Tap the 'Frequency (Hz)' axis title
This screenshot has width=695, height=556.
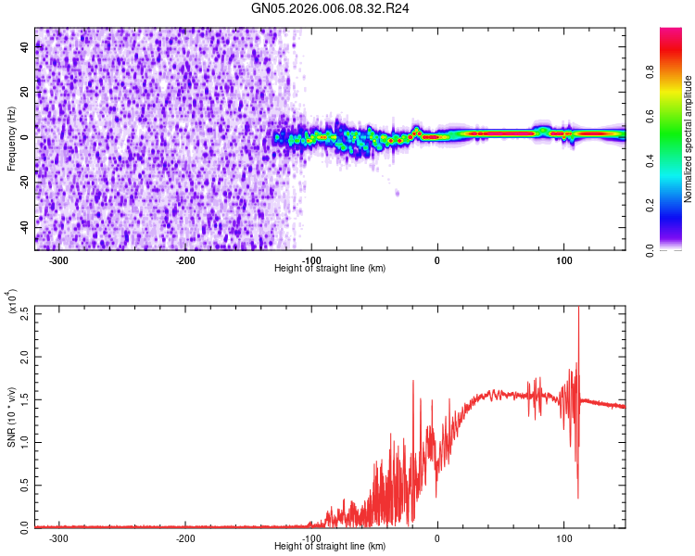click(x=11, y=139)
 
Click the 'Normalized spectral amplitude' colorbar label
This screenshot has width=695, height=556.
click(x=689, y=139)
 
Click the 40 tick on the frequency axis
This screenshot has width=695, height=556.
click(x=24, y=48)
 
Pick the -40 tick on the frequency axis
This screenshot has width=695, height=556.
click(x=24, y=225)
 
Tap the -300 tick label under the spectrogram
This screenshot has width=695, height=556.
click(x=58, y=259)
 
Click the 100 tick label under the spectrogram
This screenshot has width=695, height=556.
click(x=563, y=259)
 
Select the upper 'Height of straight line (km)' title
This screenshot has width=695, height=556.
click(x=330, y=268)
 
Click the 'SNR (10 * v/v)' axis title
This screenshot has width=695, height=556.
click(x=11, y=417)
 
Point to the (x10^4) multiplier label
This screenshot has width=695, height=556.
click(x=12, y=301)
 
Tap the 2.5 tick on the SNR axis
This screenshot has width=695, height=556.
click(x=24, y=313)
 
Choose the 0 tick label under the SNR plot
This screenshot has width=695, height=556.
click(x=437, y=537)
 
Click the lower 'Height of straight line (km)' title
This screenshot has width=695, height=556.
click(x=330, y=546)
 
